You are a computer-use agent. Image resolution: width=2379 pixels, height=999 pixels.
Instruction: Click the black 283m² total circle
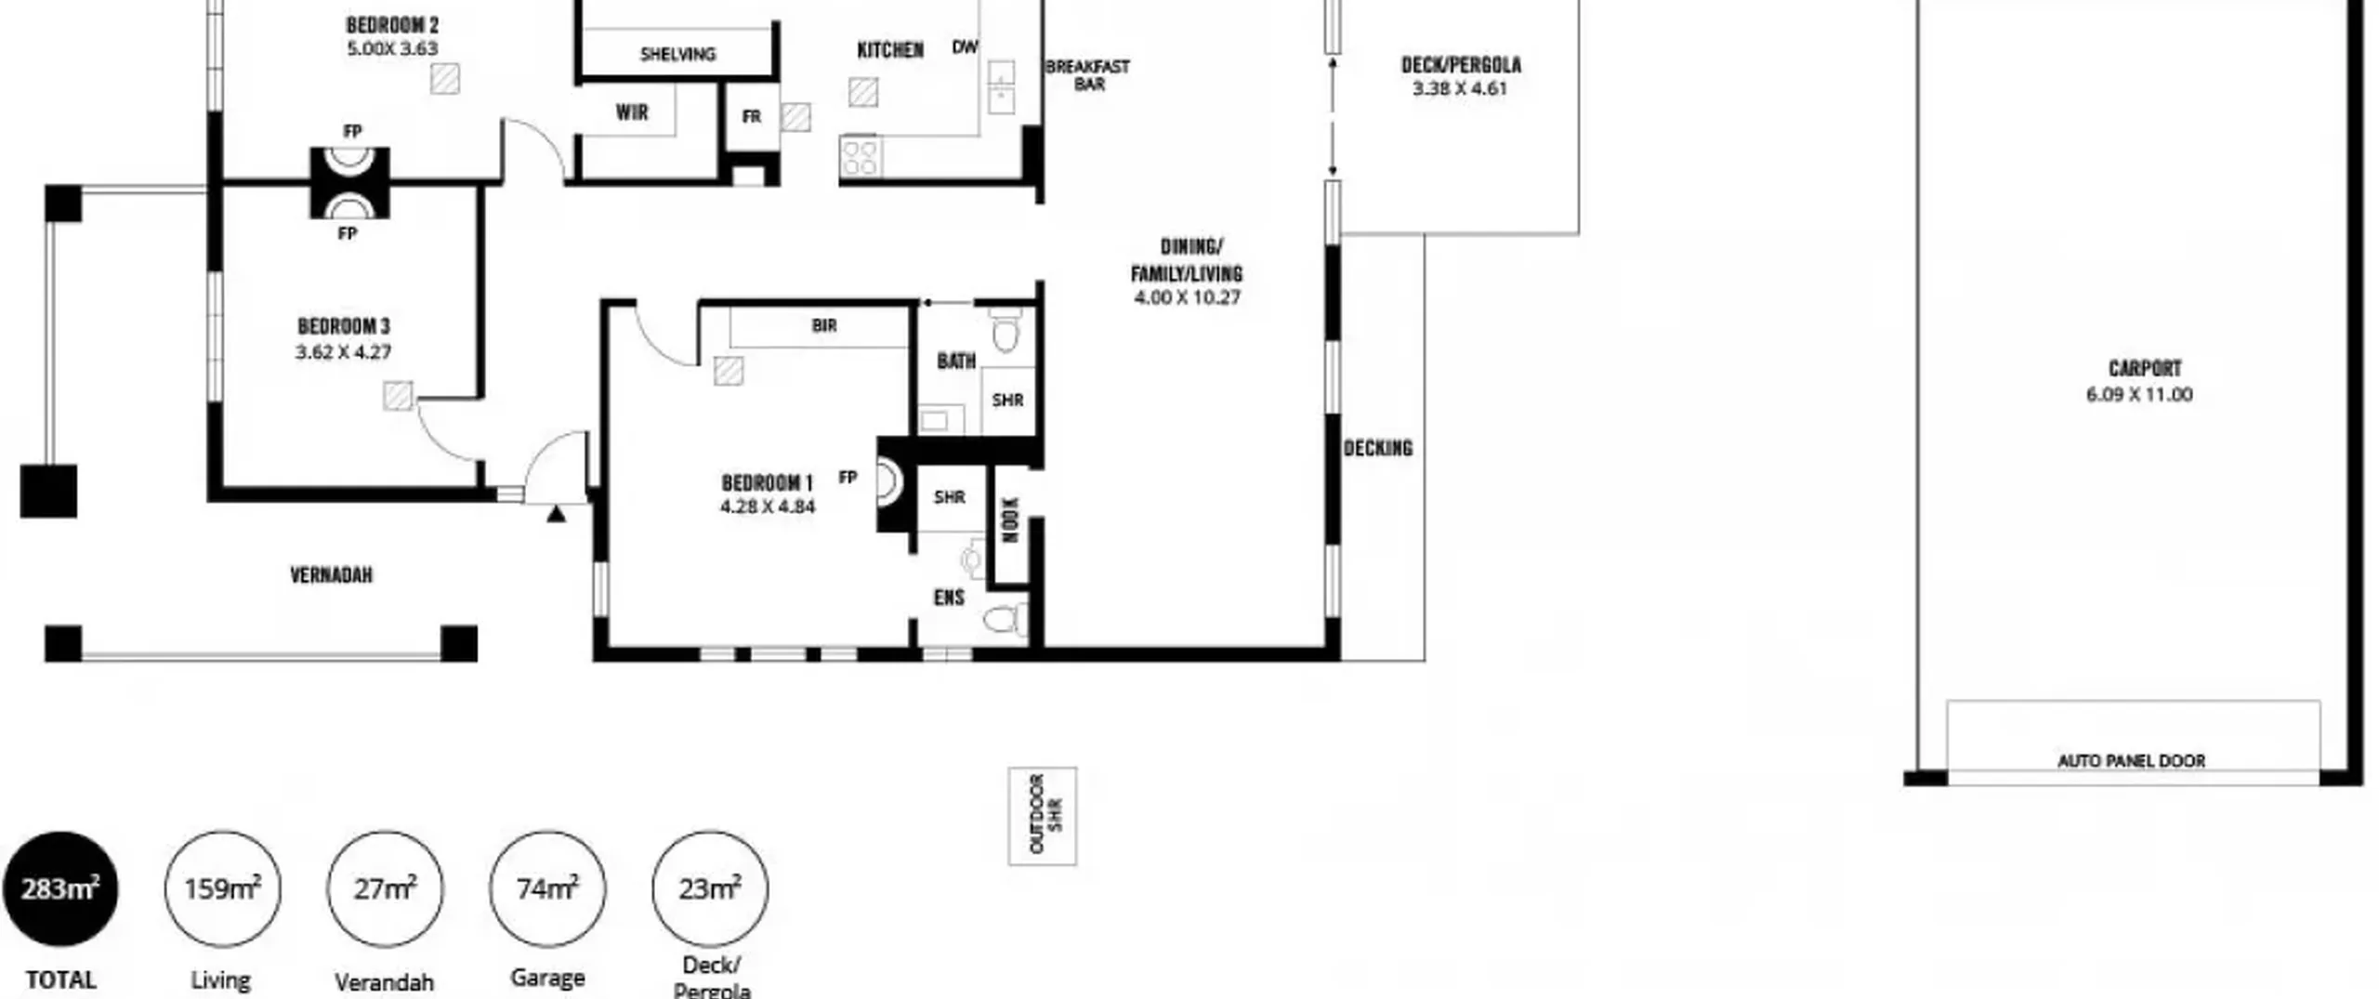(x=60, y=889)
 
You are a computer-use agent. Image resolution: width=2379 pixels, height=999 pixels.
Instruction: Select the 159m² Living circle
(x=223, y=889)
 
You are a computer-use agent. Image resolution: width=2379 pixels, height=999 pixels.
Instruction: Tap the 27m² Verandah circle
(x=385, y=889)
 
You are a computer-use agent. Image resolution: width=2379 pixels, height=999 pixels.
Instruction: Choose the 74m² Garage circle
(x=547, y=889)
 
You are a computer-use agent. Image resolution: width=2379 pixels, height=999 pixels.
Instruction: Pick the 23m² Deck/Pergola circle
(x=710, y=889)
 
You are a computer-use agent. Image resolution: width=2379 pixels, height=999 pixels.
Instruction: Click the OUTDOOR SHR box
(x=1043, y=816)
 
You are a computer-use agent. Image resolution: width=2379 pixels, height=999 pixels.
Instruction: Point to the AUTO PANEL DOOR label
(x=2131, y=761)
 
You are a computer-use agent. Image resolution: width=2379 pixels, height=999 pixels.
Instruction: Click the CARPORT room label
(x=2145, y=368)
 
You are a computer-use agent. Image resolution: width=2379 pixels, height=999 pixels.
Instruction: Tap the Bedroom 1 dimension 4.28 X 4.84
(x=768, y=506)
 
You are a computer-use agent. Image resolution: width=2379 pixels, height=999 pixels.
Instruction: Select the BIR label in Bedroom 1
(x=824, y=325)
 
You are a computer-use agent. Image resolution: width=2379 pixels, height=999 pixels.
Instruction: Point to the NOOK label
(x=1011, y=519)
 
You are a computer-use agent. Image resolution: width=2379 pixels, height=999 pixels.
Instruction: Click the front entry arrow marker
(x=556, y=513)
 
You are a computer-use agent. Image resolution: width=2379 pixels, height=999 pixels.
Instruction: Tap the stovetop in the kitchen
(x=860, y=157)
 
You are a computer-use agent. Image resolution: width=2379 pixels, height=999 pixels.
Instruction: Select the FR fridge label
(x=752, y=117)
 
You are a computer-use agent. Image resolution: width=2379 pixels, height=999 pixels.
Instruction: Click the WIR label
(x=632, y=112)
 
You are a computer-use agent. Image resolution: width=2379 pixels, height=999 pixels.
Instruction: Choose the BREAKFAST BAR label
(x=1088, y=75)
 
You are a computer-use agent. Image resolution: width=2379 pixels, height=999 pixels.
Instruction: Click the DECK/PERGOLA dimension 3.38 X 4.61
(x=1460, y=88)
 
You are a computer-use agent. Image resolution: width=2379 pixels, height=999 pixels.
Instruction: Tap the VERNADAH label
(x=332, y=575)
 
